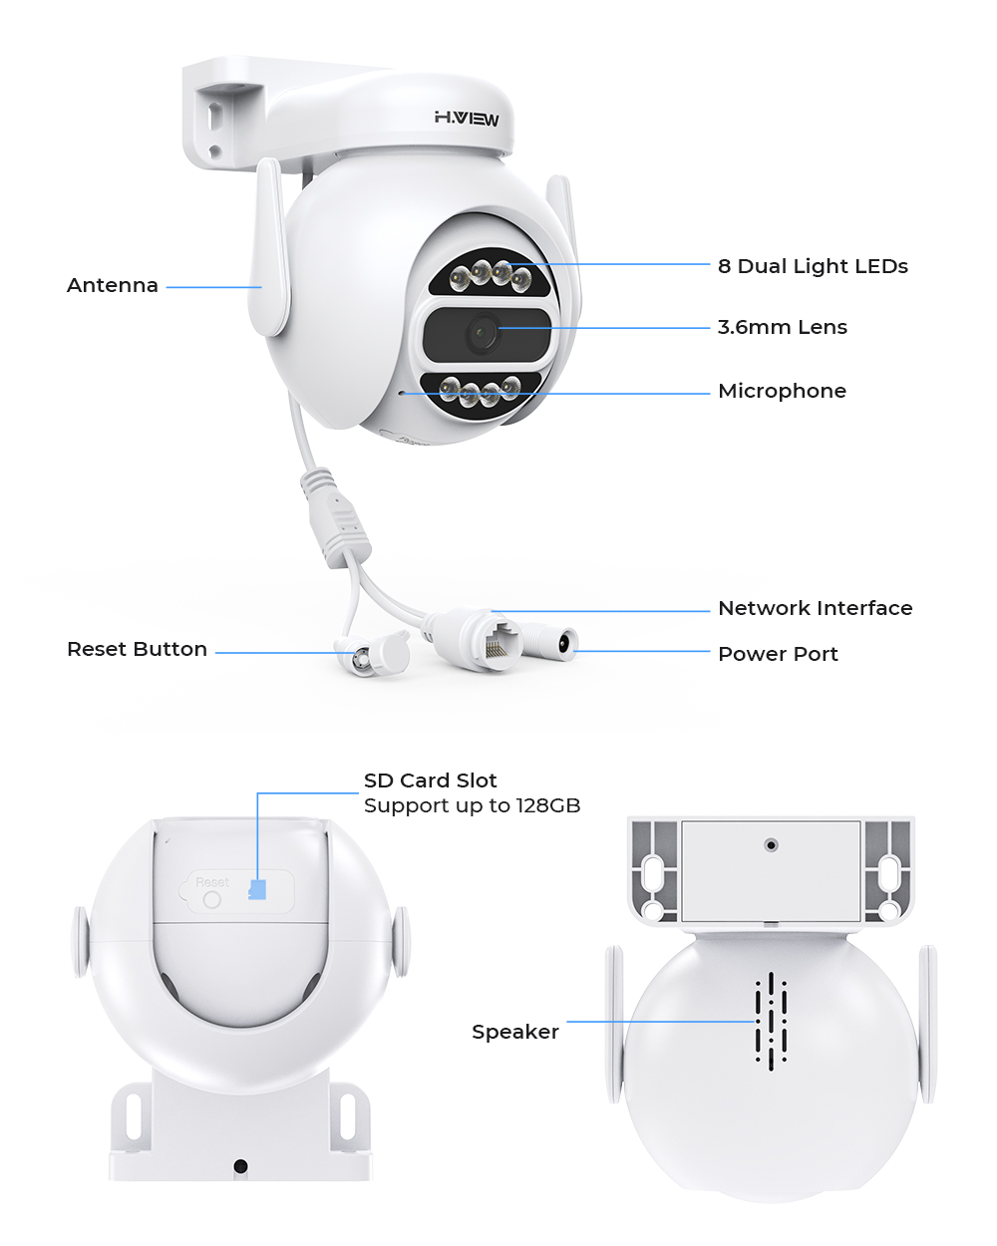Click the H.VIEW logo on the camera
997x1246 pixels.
pos(467,118)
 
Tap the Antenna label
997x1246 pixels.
pos(113,285)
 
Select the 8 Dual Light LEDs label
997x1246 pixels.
pos(813,266)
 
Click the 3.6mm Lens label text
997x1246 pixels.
pos(783,327)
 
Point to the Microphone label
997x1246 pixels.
pos(782,391)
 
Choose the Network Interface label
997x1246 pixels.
pos(815,608)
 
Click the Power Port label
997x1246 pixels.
pos(778,654)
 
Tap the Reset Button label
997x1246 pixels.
pos(137,649)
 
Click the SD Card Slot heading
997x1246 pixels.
pos(430,780)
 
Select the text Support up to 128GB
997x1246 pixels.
pos(472,805)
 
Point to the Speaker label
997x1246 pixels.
pos(514,1032)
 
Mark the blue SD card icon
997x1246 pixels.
pos(258,889)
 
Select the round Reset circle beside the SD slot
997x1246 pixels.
pos(211,899)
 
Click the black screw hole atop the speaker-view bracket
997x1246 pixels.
pos(771,845)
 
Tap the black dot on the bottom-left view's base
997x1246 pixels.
pos(240,1165)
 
